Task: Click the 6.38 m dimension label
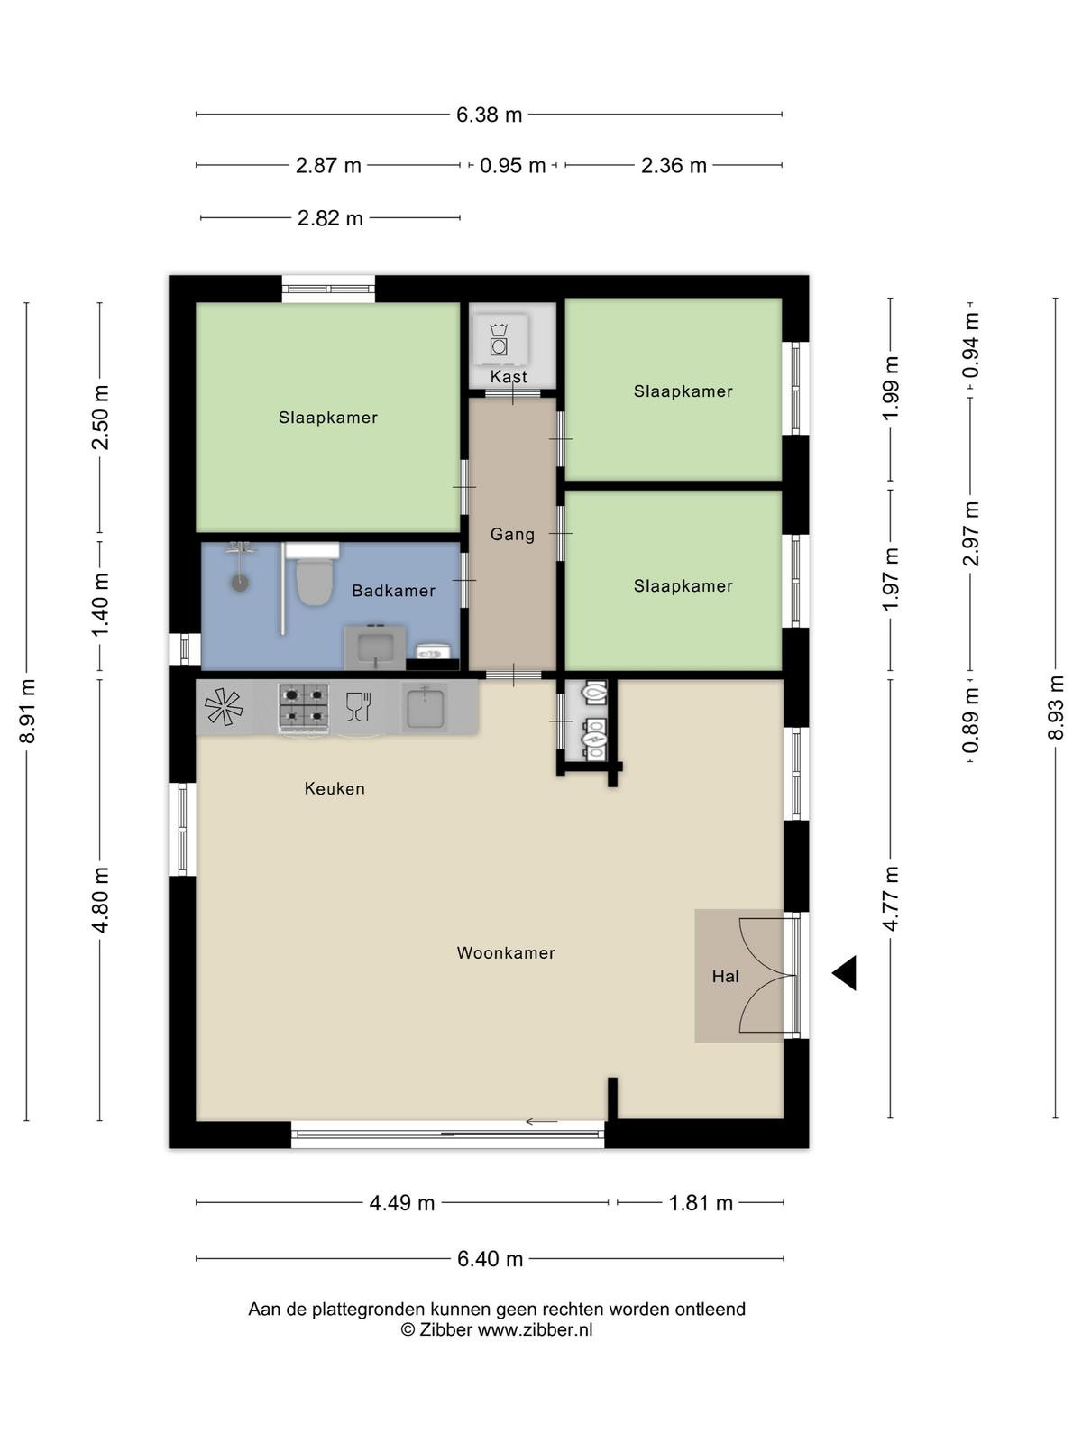click(489, 115)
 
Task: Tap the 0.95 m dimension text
click(512, 166)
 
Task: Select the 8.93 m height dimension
click(1055, 707)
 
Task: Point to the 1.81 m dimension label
click(701, 1203)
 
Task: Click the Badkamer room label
click(393, 591)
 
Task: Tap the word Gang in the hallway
click(512, 535)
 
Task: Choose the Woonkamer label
click(506, 952)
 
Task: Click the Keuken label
click(335, 788)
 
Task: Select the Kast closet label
click(509, 377)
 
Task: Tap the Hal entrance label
click(725, 976)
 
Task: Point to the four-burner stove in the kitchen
click(304, 708)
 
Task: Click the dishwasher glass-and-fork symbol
click(359, 706)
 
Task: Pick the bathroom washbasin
click(375, 648)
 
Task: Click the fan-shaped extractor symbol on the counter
click(224, 707)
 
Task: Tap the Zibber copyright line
click(497, 1329)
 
